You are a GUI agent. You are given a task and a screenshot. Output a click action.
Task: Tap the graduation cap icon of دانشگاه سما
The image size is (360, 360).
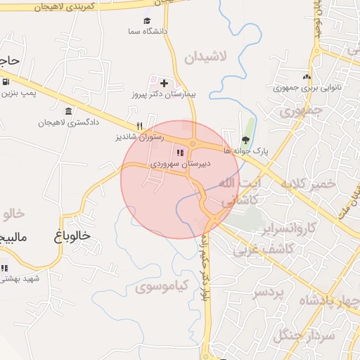point(147,20)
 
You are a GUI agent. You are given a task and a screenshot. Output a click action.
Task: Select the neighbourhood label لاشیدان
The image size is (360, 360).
point(208,58)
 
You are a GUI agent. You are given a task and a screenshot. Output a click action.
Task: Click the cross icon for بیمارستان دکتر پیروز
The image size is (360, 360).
point(164,83)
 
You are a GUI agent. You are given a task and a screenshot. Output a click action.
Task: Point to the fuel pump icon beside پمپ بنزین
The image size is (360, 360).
point(6,82)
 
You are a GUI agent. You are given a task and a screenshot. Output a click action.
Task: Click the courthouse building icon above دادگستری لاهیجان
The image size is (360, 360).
point(68,112)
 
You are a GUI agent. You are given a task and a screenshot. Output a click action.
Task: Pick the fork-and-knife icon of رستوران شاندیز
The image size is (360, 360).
point(139,127)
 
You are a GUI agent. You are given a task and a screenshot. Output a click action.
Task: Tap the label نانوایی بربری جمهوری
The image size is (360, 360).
point(305,89)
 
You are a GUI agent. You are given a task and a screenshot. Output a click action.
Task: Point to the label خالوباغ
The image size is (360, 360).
point(72,236)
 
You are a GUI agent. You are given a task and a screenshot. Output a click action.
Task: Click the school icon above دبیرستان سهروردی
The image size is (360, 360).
point(180,152)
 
